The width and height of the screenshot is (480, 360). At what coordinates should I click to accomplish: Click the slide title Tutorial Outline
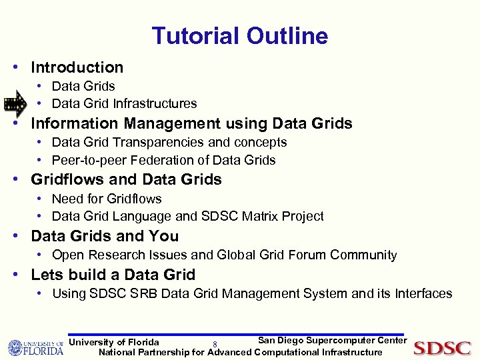(x=239, y=36)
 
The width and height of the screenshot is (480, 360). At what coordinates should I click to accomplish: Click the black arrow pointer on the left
(x=15, y=103)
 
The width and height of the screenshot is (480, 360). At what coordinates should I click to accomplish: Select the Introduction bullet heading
(x=77, y=67)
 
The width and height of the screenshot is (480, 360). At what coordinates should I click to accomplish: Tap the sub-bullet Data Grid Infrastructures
(x=124, y=103)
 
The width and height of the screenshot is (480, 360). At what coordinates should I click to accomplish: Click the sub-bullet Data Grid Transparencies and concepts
(x=169, y=142)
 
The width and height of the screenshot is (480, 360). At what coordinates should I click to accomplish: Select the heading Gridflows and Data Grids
(x=126, y=179)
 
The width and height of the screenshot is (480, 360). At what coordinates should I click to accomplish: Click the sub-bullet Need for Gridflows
(x=106, y=199)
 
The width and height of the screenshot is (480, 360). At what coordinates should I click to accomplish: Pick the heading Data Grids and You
(x=105, y=236)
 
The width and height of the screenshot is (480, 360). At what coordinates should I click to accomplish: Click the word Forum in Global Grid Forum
(x=312, y=255)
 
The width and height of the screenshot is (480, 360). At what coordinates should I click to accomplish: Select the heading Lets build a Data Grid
(x=113, y=275)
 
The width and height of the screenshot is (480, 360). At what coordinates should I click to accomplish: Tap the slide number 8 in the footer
(x=215, y=345)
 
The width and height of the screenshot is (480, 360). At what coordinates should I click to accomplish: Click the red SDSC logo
(x=442, y=348)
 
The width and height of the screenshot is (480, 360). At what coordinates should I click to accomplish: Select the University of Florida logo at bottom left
(x=35, y=348)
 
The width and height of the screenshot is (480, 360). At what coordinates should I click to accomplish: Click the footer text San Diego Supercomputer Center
(x=332, y=341)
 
